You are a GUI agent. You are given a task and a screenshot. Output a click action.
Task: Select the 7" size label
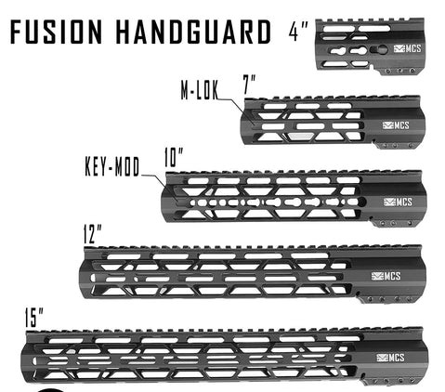click(x=250, y=85)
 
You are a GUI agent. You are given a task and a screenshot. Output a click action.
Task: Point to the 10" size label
click(x=174, y=158)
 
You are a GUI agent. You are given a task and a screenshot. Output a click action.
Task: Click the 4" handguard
click(x=371, y=46)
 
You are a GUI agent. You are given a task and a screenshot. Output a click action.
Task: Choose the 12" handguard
click(x=251, y=272)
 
